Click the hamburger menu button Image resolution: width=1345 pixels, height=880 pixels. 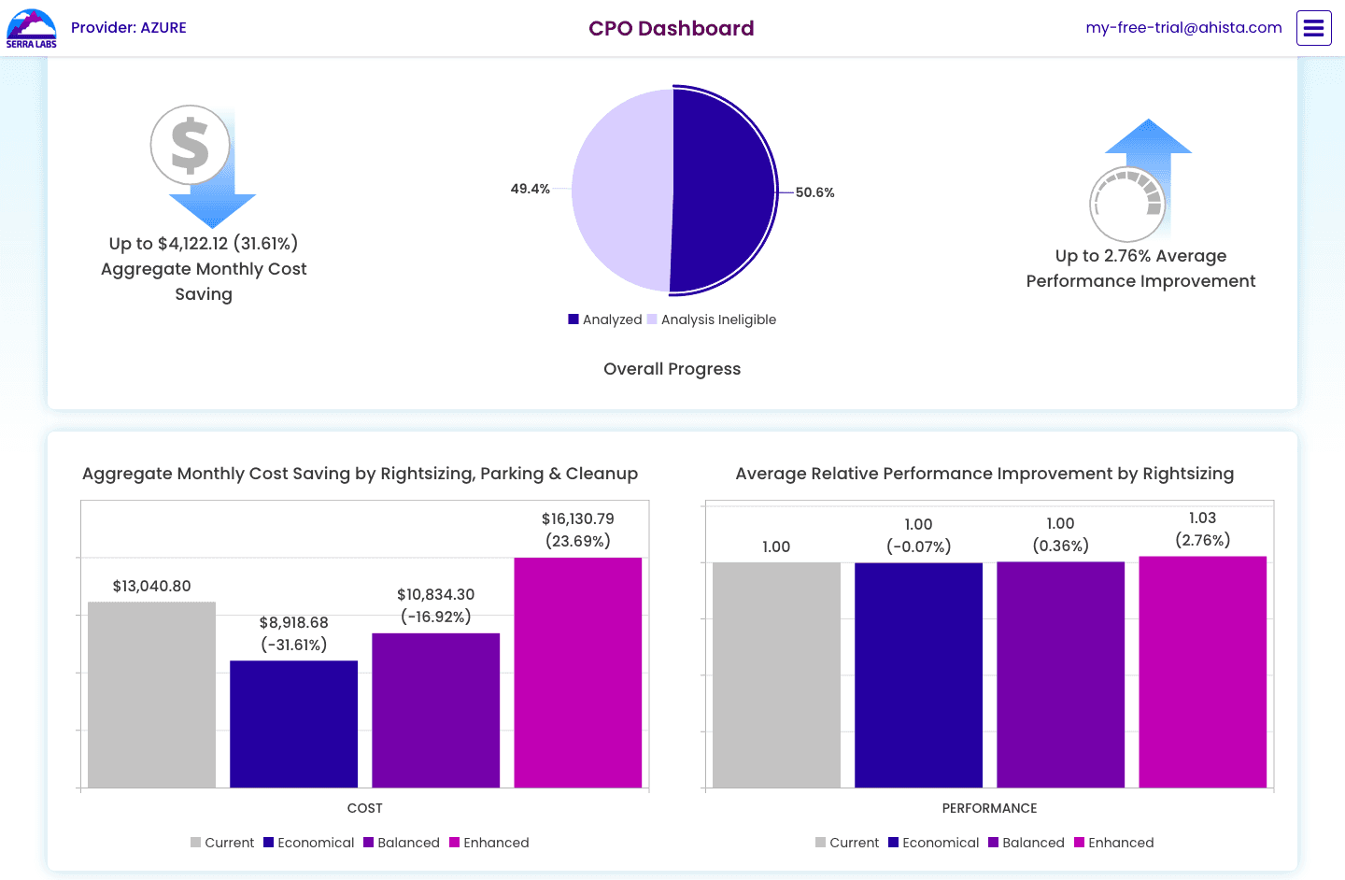coord(1313,28)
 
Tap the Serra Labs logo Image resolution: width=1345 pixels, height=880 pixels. coord(31,28)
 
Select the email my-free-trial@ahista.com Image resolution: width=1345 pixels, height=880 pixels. coord(1183,28)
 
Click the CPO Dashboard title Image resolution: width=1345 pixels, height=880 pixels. coord(671,28)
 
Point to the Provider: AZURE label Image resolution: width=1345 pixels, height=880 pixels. coord(129,28)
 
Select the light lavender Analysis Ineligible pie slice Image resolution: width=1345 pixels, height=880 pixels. coord(621,191)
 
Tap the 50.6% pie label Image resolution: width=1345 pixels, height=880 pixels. coord(814,192)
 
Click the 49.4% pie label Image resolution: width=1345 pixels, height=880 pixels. coord(530,189)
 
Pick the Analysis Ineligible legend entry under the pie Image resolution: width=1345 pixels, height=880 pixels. coord(712,319)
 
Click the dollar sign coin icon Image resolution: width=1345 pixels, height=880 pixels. coord(191,145)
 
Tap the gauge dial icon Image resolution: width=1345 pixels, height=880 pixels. coord(1127,205)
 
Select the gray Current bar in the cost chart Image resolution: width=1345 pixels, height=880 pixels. coord(151,694)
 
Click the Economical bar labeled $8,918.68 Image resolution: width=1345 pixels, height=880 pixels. coord(293,724)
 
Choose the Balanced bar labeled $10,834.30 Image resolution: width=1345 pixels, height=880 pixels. coord(436,710)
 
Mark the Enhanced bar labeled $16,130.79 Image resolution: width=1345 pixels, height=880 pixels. coord(577,673)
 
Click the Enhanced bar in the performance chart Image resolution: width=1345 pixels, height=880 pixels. coord(1203,672)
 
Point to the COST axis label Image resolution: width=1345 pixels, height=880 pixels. coord(364,808)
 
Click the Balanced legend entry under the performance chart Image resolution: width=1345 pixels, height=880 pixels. coord(1026,843)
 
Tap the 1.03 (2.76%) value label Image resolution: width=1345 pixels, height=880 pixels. coord(1203,529)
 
